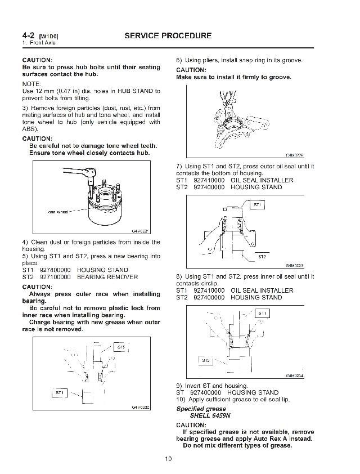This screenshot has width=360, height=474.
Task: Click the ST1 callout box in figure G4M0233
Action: (x=256, y=204)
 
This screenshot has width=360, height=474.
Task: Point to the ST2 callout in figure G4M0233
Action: (x=262, y=256)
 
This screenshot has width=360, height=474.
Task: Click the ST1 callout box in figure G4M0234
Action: (x=262, y=312)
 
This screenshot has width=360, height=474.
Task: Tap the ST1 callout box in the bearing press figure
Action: (x=60, y=392)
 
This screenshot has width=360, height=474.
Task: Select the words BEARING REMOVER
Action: (x=107, y=277)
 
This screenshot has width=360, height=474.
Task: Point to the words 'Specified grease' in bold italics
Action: (x=201, y=409)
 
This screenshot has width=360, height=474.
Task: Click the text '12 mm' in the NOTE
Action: (x=43, y=91)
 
